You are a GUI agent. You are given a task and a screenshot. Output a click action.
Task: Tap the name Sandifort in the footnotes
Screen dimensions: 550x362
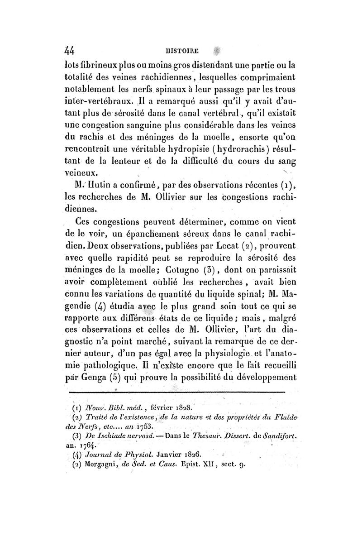point(275,436)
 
